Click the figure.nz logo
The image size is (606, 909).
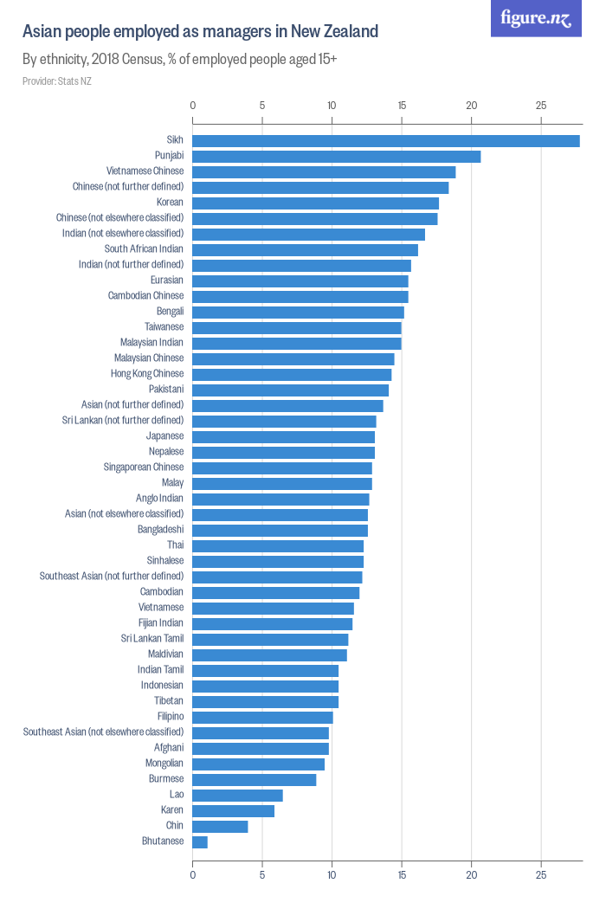click(x=536, y=18)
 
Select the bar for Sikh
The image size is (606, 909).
click(x=385, y=140)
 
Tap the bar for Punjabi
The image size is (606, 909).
click(x=336, y=156)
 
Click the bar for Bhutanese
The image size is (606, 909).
click(x=200, y=841)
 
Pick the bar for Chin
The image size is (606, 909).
click(x=220, y=826)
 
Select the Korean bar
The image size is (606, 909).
click(x=315, y=203)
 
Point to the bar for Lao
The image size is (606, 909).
click(x=237, y=795)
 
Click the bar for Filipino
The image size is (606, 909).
click(x=262, y=717)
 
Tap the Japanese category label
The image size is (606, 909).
click(x=164, y=436)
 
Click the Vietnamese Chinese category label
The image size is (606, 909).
click(x=145, y=171)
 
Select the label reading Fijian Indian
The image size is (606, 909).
click(x=161, y=623)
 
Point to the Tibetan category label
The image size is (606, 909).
click(x=169, y=701)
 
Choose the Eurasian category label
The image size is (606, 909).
click(x=166, y=280)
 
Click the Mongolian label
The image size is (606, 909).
click(x=164, y=764)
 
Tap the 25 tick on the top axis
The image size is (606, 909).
click(x=541, y=106)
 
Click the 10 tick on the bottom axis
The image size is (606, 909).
click(x=332, y=875)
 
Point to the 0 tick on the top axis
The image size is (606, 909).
click(x=192, y=106)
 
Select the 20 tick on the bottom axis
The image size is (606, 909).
click(x=471, y=875)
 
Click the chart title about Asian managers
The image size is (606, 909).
click(x=200, y=32)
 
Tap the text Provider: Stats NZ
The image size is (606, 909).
click(x=56, y=81)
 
